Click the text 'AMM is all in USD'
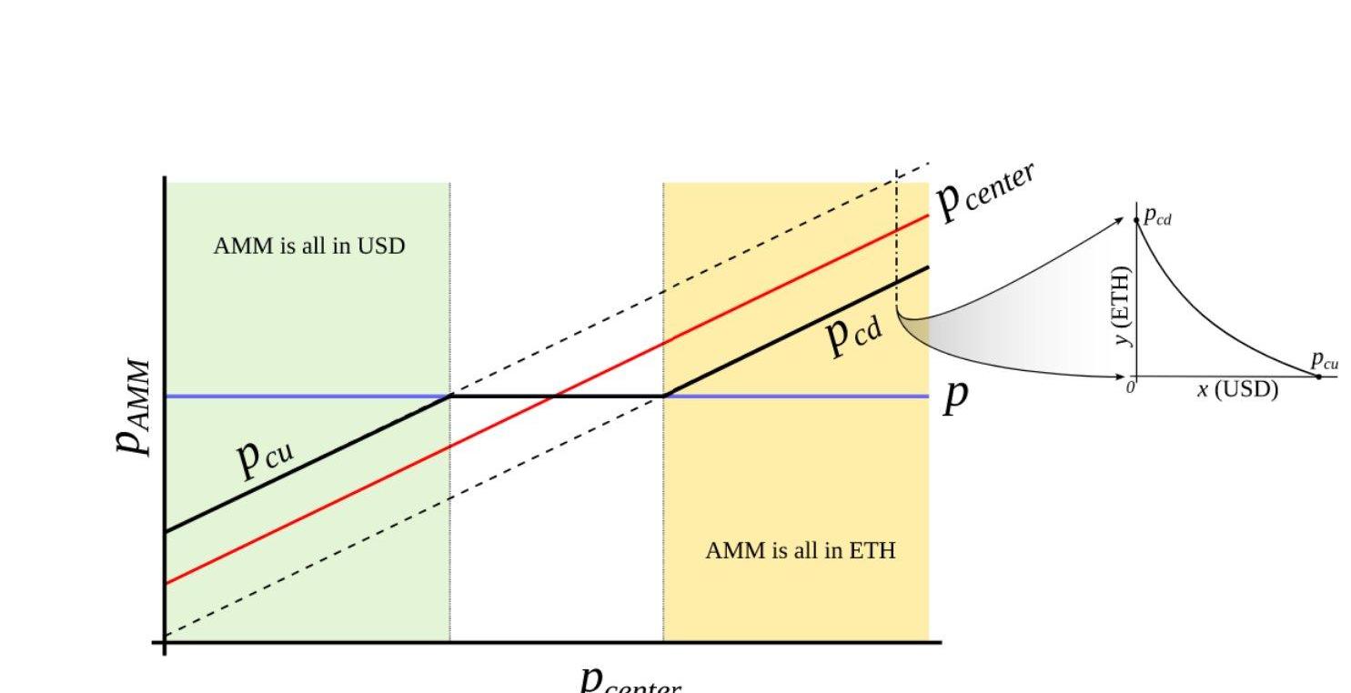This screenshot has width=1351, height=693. point(308,246)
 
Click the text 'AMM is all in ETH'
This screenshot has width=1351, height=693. point(800,550)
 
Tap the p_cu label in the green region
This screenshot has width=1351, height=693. point(265,455)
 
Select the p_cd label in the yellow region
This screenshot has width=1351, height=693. point(853,333)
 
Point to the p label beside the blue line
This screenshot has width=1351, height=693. point(954,397)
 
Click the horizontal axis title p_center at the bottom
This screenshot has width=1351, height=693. point(630,680)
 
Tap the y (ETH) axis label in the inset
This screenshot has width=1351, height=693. point(1124,306)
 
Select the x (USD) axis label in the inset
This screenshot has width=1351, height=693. point(1237,390)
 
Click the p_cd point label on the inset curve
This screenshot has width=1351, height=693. point(1158,216)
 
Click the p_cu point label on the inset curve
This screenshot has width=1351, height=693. point(1325,361)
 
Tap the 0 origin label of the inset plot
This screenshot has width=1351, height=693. point(1131,387)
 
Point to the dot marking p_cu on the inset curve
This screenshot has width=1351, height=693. point(1318,376)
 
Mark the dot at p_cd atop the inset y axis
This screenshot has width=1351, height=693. point(1136,220)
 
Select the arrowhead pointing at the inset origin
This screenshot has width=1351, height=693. point(1123,376)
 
